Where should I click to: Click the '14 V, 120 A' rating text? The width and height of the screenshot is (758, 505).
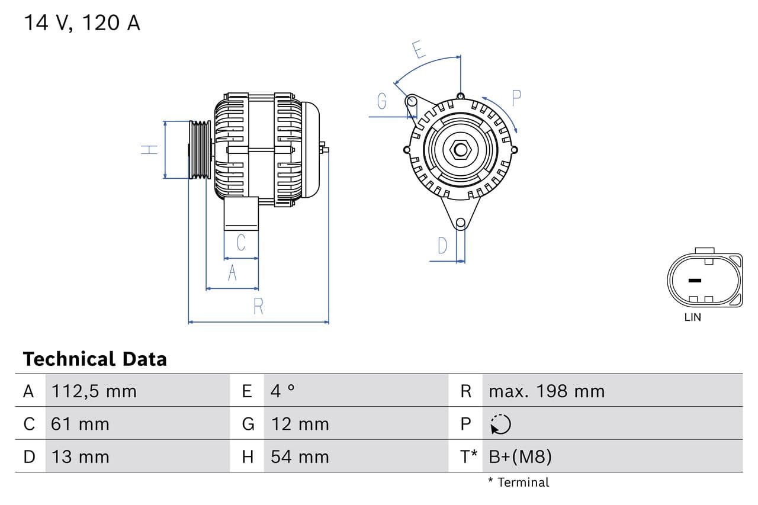click(82, 23)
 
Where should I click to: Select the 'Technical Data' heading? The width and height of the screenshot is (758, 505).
click(95, 359)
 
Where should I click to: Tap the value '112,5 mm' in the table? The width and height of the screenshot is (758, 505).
click(94, 391)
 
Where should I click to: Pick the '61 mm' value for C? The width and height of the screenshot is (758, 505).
click(80, 424)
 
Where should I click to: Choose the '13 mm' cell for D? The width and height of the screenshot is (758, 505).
click(80, 457)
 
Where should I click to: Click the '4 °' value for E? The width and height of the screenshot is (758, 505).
click(282, 391)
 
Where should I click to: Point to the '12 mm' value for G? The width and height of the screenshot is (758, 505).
click(300, 424)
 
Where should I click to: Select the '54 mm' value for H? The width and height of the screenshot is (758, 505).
click(300, 457)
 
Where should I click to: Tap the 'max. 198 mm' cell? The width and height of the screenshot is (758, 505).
click(547, 391)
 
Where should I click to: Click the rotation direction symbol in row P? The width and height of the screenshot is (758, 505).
click(500, 424)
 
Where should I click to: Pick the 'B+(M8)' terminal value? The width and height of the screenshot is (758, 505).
click(521, 457)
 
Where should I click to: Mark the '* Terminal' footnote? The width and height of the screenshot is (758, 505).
click(519, 483)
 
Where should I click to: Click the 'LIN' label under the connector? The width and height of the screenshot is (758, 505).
click(692, 317)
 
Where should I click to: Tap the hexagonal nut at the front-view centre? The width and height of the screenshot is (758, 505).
click(460, 149)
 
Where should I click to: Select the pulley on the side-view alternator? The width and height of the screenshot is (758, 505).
click(200, 150)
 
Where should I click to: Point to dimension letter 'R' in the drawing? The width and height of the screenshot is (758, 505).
click(258, 307)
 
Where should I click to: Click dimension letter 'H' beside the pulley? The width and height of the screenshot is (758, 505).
click(150, 150)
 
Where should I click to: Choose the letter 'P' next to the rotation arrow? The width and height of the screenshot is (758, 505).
click(516, 98)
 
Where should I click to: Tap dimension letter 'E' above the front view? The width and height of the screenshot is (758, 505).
click(419, 50)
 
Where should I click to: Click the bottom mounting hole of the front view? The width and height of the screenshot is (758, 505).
click(461, 223)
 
